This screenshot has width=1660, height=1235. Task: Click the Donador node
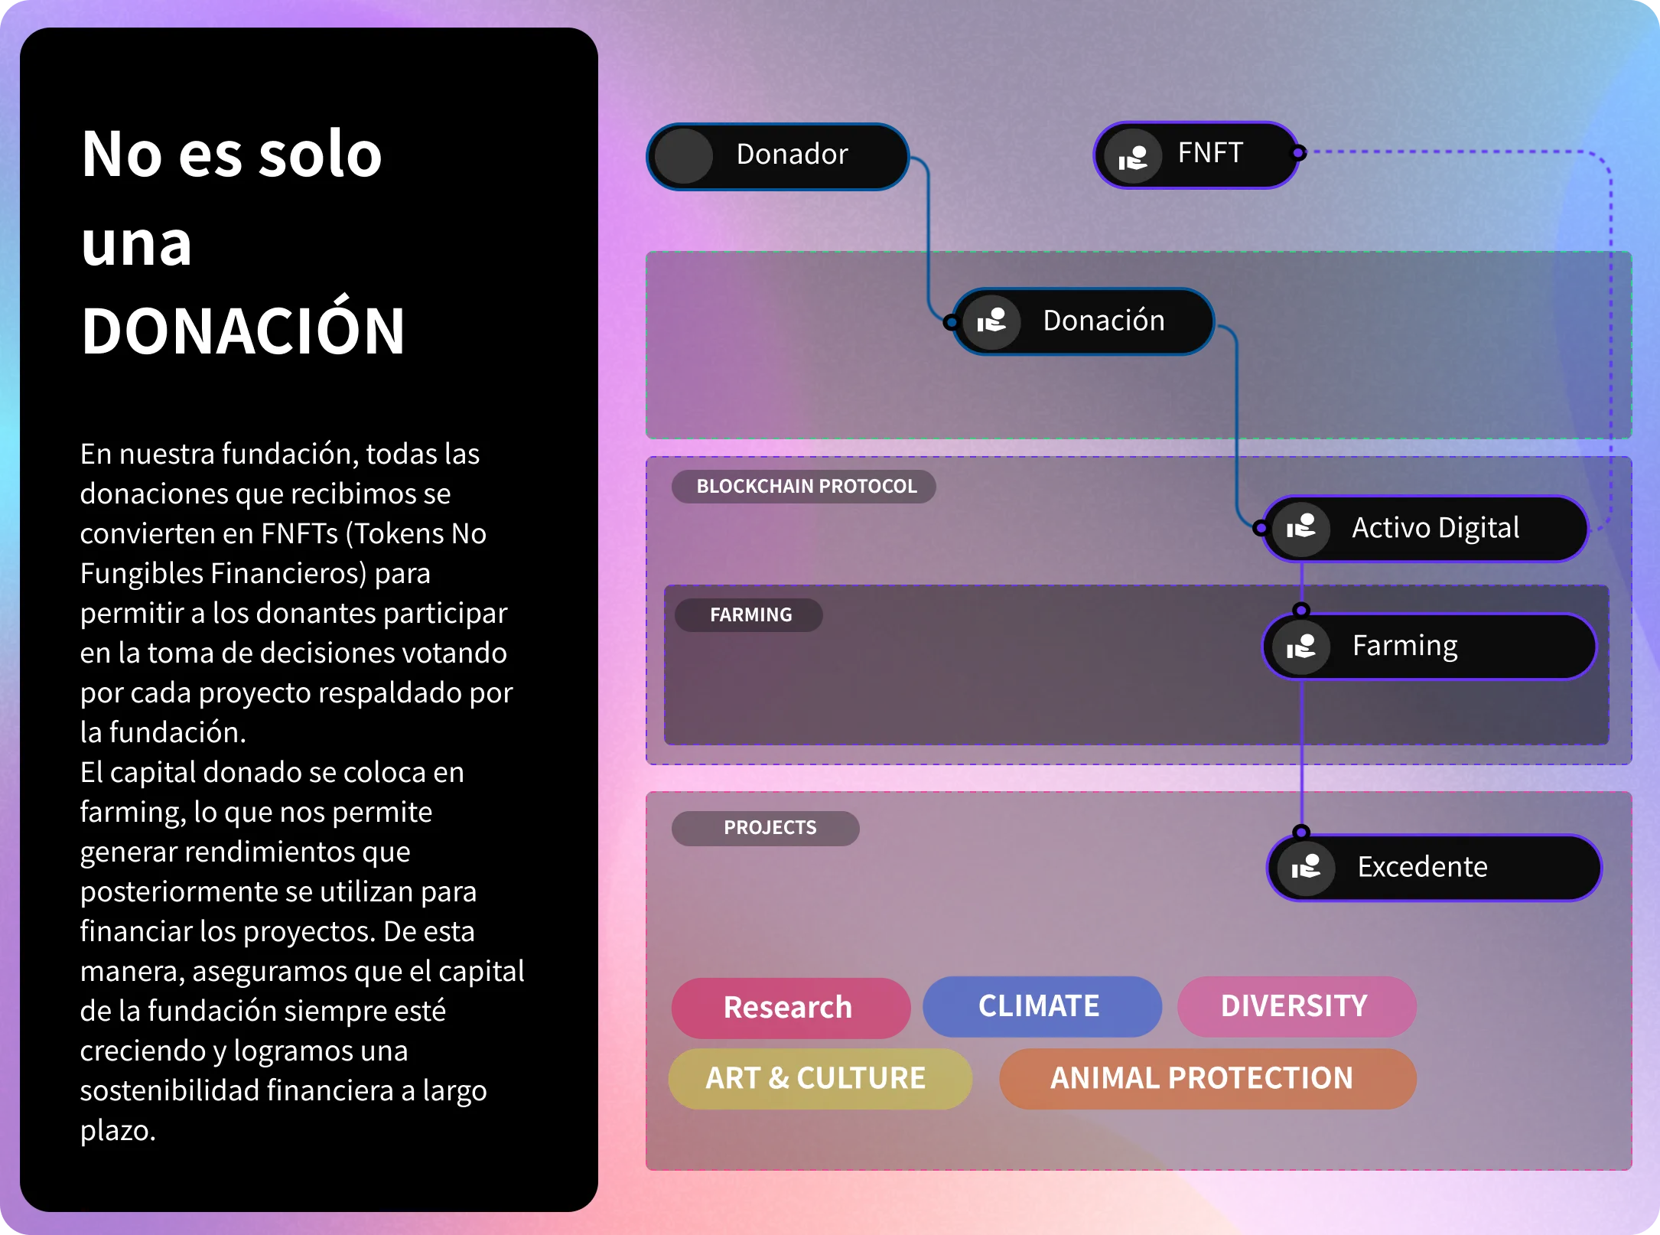778,156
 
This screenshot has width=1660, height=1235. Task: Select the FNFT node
1196,155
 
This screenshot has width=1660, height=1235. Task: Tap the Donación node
1083,321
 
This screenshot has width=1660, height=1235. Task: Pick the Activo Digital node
1425,529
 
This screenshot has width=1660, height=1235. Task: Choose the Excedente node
1434,868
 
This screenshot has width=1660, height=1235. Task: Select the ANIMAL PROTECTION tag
1208,1079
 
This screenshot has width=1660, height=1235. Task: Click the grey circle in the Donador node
684,157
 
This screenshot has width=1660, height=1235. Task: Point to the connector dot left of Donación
952,322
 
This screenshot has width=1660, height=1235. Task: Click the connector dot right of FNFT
1298,153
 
